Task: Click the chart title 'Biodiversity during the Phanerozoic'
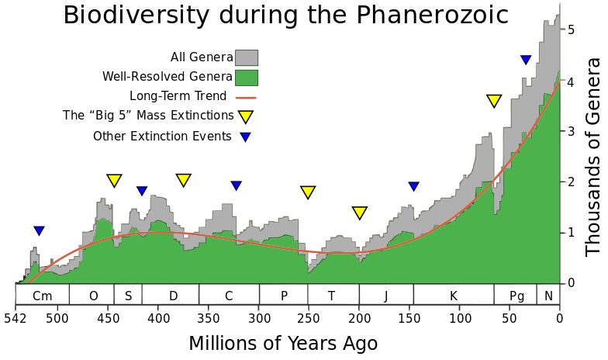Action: (x=285, y=16)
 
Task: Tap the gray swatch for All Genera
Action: (x=247, y=57)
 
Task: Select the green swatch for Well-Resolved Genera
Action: (x=247, y=77)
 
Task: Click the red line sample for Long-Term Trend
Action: (x=245, y=97)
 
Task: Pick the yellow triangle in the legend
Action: (x=246, y=116)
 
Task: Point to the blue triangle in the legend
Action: (x=245, y=137)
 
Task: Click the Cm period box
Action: (x=43, y=295)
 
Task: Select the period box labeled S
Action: (x=128, y=295)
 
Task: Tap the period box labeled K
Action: (x=454, y=295)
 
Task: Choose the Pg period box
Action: (x=516, y=295)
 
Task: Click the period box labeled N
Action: (x=548, y=295)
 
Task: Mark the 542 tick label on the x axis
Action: (x=16, y=318)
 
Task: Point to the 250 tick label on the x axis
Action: (x=308, y=318)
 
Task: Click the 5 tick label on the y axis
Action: (x=571, y=30)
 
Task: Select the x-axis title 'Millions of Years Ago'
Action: (x=283, y=344)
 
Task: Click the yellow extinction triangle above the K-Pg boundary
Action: (x=494, y=101)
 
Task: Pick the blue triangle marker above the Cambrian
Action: (x=40, y=231)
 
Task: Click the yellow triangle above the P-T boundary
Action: (x=308, y=192)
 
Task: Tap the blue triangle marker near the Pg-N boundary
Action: (x=526, y=60)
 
